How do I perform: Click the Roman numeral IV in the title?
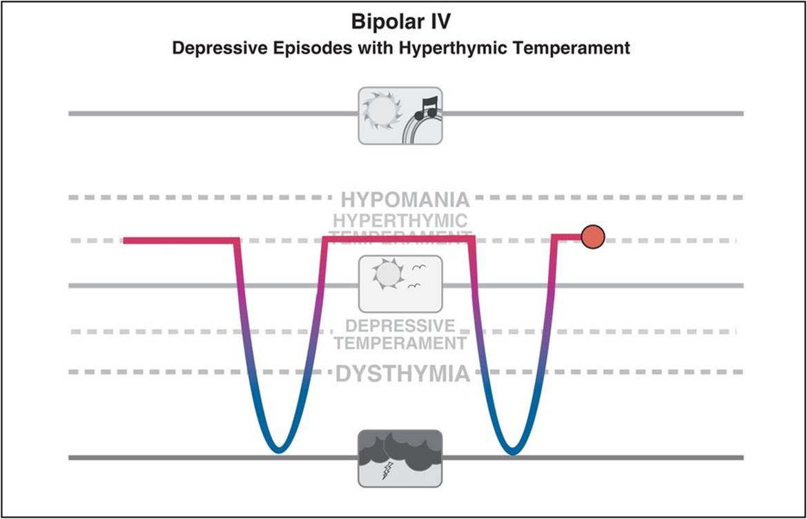tap(439, 22)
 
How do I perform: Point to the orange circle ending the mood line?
tap(592, 237)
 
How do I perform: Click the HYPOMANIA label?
tap(405, 200)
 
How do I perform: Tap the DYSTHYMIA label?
tap(402, 375)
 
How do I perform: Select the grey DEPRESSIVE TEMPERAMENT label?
tap(404, 334)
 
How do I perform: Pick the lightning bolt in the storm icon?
tap(386, 470)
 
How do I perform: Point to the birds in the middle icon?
tap(416, 275)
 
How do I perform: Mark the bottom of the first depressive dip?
tap(278, 450)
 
